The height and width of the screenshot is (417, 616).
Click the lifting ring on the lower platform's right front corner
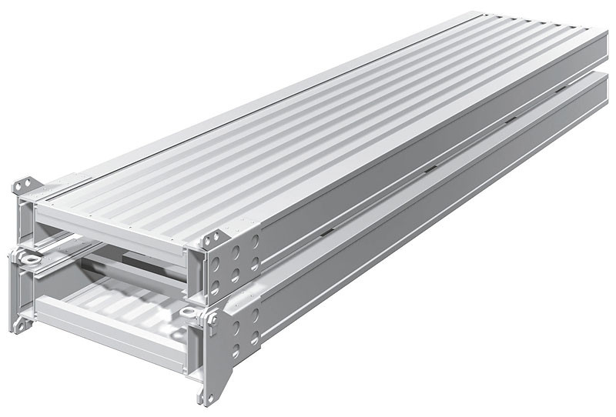tap(192, 314)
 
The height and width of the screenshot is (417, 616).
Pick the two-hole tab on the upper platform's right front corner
tap(213, 238)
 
